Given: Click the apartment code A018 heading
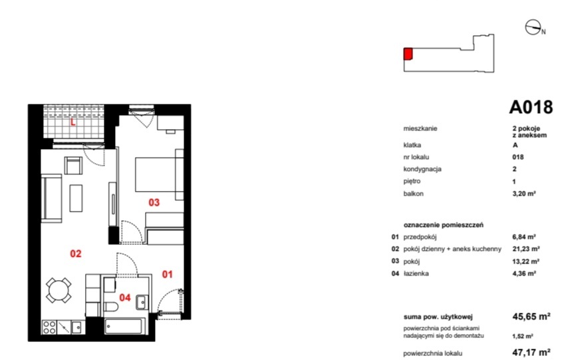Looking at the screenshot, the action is click(531, 107).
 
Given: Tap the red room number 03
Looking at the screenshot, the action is click(154, 202).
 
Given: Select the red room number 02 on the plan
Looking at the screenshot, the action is click(76, 254).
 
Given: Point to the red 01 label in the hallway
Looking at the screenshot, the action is click(168, 274).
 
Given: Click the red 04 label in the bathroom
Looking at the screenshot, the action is click(125, 297).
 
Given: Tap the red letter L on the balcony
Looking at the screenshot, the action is click(73, 122).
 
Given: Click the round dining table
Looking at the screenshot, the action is click(59, 290).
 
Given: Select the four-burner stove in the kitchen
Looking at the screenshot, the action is click(49, 327).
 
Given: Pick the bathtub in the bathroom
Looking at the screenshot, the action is click(123, 326).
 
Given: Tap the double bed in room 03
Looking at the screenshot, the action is click(159, 174).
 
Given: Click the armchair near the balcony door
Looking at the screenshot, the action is click(73, 166).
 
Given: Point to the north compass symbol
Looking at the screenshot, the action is click(533, 27).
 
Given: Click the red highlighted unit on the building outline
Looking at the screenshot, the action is click(408, 54).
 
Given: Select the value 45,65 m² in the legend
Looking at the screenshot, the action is click(531, 317).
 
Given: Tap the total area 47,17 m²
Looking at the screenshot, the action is click(531, 352).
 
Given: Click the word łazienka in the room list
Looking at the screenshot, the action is click(416, 273).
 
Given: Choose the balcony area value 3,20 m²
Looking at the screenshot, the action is click(524, 193).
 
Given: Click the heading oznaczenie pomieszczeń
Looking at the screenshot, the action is click(444, 225).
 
